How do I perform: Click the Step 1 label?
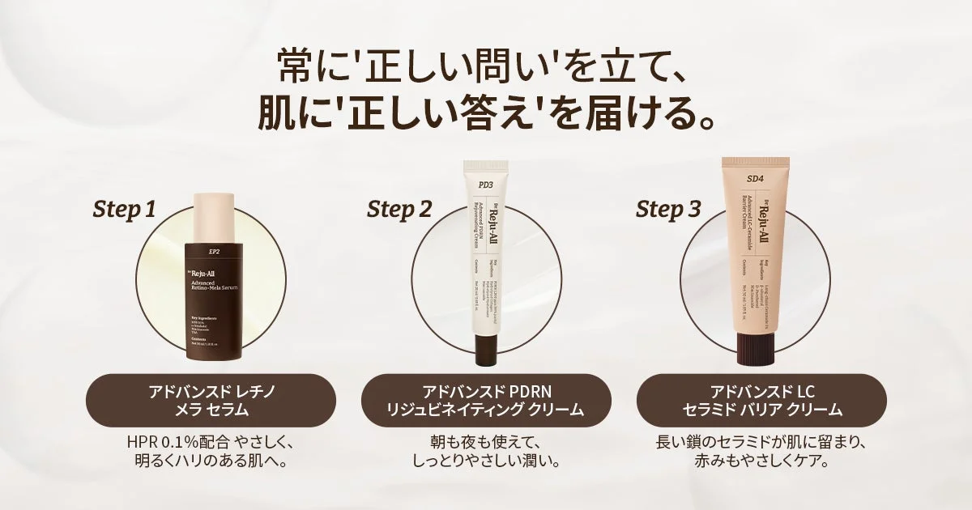123,210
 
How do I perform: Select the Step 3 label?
668,210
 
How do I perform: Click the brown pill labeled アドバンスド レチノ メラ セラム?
211,400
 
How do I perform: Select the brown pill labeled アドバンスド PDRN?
485,400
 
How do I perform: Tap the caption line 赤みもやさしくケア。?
761,463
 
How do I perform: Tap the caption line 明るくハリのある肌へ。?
211,463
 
